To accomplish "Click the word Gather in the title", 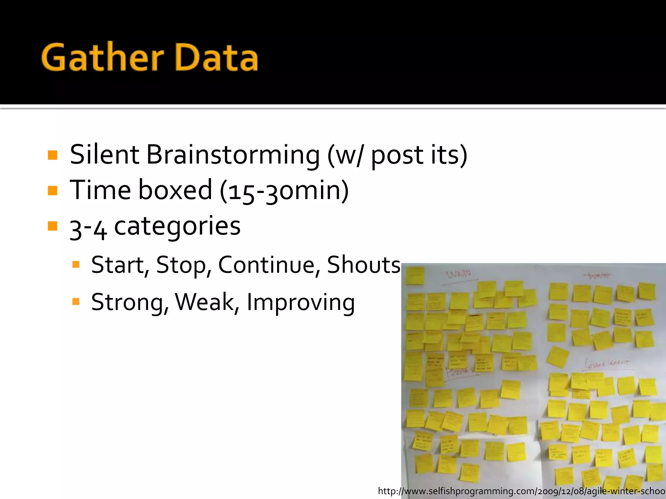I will [102, 58].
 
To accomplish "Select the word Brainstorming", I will [233, 155].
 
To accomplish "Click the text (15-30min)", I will [284, 190].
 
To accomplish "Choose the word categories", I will [177, 226].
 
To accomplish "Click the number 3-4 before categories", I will [88, 228].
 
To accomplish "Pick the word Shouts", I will [364, 265].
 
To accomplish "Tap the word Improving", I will [301, 302].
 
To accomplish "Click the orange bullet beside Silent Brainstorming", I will [52, 155].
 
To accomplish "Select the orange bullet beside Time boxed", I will [52, 190].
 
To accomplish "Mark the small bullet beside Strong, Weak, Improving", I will [76, 302].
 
